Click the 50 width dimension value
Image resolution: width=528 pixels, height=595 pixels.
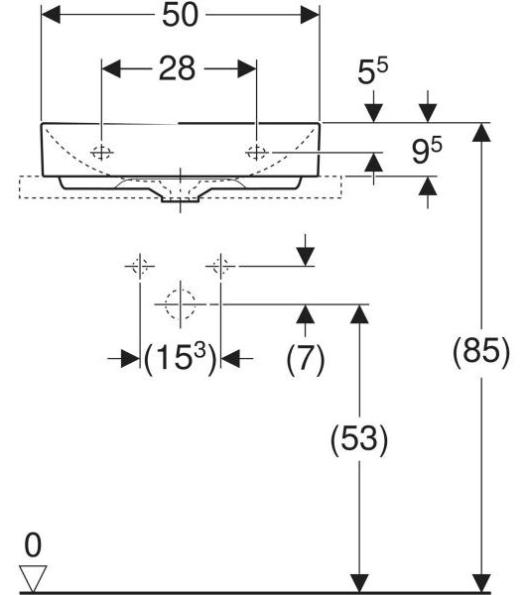coord(180,15)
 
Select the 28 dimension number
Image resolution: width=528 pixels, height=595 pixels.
coord(177,68)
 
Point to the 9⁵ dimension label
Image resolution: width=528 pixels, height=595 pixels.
coord(427,151)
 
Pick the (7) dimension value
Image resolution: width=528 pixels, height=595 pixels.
coord(306,359)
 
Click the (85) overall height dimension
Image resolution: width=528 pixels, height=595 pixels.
coord(481,351)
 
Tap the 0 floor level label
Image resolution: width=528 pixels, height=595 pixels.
coord(33,544)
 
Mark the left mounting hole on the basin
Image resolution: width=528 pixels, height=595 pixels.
coord(102,153)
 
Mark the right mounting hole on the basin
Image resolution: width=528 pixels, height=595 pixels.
coord(257,153)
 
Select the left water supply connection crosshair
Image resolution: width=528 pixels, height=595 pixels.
coord(140,266)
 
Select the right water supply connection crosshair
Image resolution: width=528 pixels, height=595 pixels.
coord(220,266)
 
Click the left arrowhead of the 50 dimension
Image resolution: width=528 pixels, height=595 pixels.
coord(51,15)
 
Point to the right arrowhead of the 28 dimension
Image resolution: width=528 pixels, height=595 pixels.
coord(247,68)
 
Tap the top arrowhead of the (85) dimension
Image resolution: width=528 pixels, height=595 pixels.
coord(481,133)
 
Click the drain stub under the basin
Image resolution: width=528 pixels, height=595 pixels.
coord(180,199)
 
